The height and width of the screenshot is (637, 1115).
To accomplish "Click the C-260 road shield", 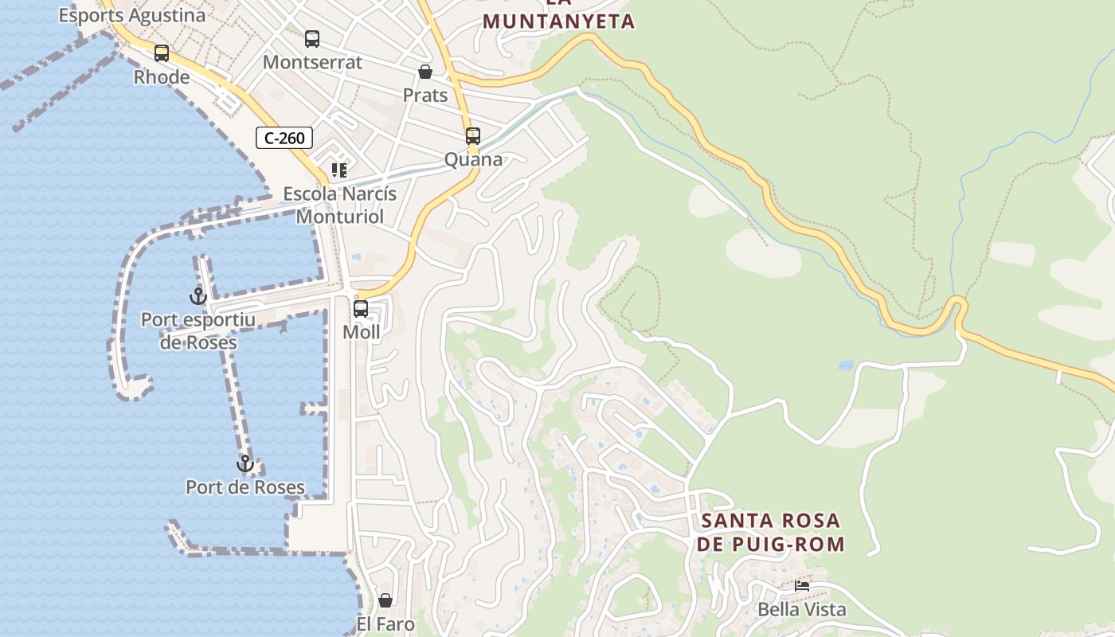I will [284, 138].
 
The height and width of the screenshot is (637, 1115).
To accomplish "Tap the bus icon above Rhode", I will [162, 53].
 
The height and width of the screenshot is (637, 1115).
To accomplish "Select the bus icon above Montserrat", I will [312, 38].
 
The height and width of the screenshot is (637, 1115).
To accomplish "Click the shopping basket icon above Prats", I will [425, 72].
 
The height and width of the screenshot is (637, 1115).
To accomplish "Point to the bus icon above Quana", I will [473, 135].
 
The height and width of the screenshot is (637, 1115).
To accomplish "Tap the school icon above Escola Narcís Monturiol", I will [339, 170].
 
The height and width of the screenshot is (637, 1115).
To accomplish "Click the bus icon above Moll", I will [361, 308].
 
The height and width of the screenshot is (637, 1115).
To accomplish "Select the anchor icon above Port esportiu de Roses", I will [198, 296].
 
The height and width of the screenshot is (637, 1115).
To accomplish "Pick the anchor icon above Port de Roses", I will [245, 463].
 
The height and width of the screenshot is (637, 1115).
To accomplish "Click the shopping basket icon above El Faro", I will [385, 600].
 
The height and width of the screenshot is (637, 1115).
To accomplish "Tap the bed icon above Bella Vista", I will [802, 586].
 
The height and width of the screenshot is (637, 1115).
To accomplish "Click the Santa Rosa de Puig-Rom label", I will [770, 533].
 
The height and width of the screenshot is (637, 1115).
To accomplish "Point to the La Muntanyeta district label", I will [558, 18].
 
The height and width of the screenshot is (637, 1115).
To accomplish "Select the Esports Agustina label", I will [132, 14].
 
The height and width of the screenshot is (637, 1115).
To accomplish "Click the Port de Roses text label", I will [245, 487].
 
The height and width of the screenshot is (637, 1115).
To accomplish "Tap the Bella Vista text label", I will [802, 610].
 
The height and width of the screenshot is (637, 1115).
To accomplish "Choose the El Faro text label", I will [385, 623].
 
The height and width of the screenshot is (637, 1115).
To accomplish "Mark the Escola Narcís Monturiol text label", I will [340, 205].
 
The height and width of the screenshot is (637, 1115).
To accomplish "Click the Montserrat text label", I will [312, 62].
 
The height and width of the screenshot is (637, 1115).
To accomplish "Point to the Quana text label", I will [473, 159].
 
